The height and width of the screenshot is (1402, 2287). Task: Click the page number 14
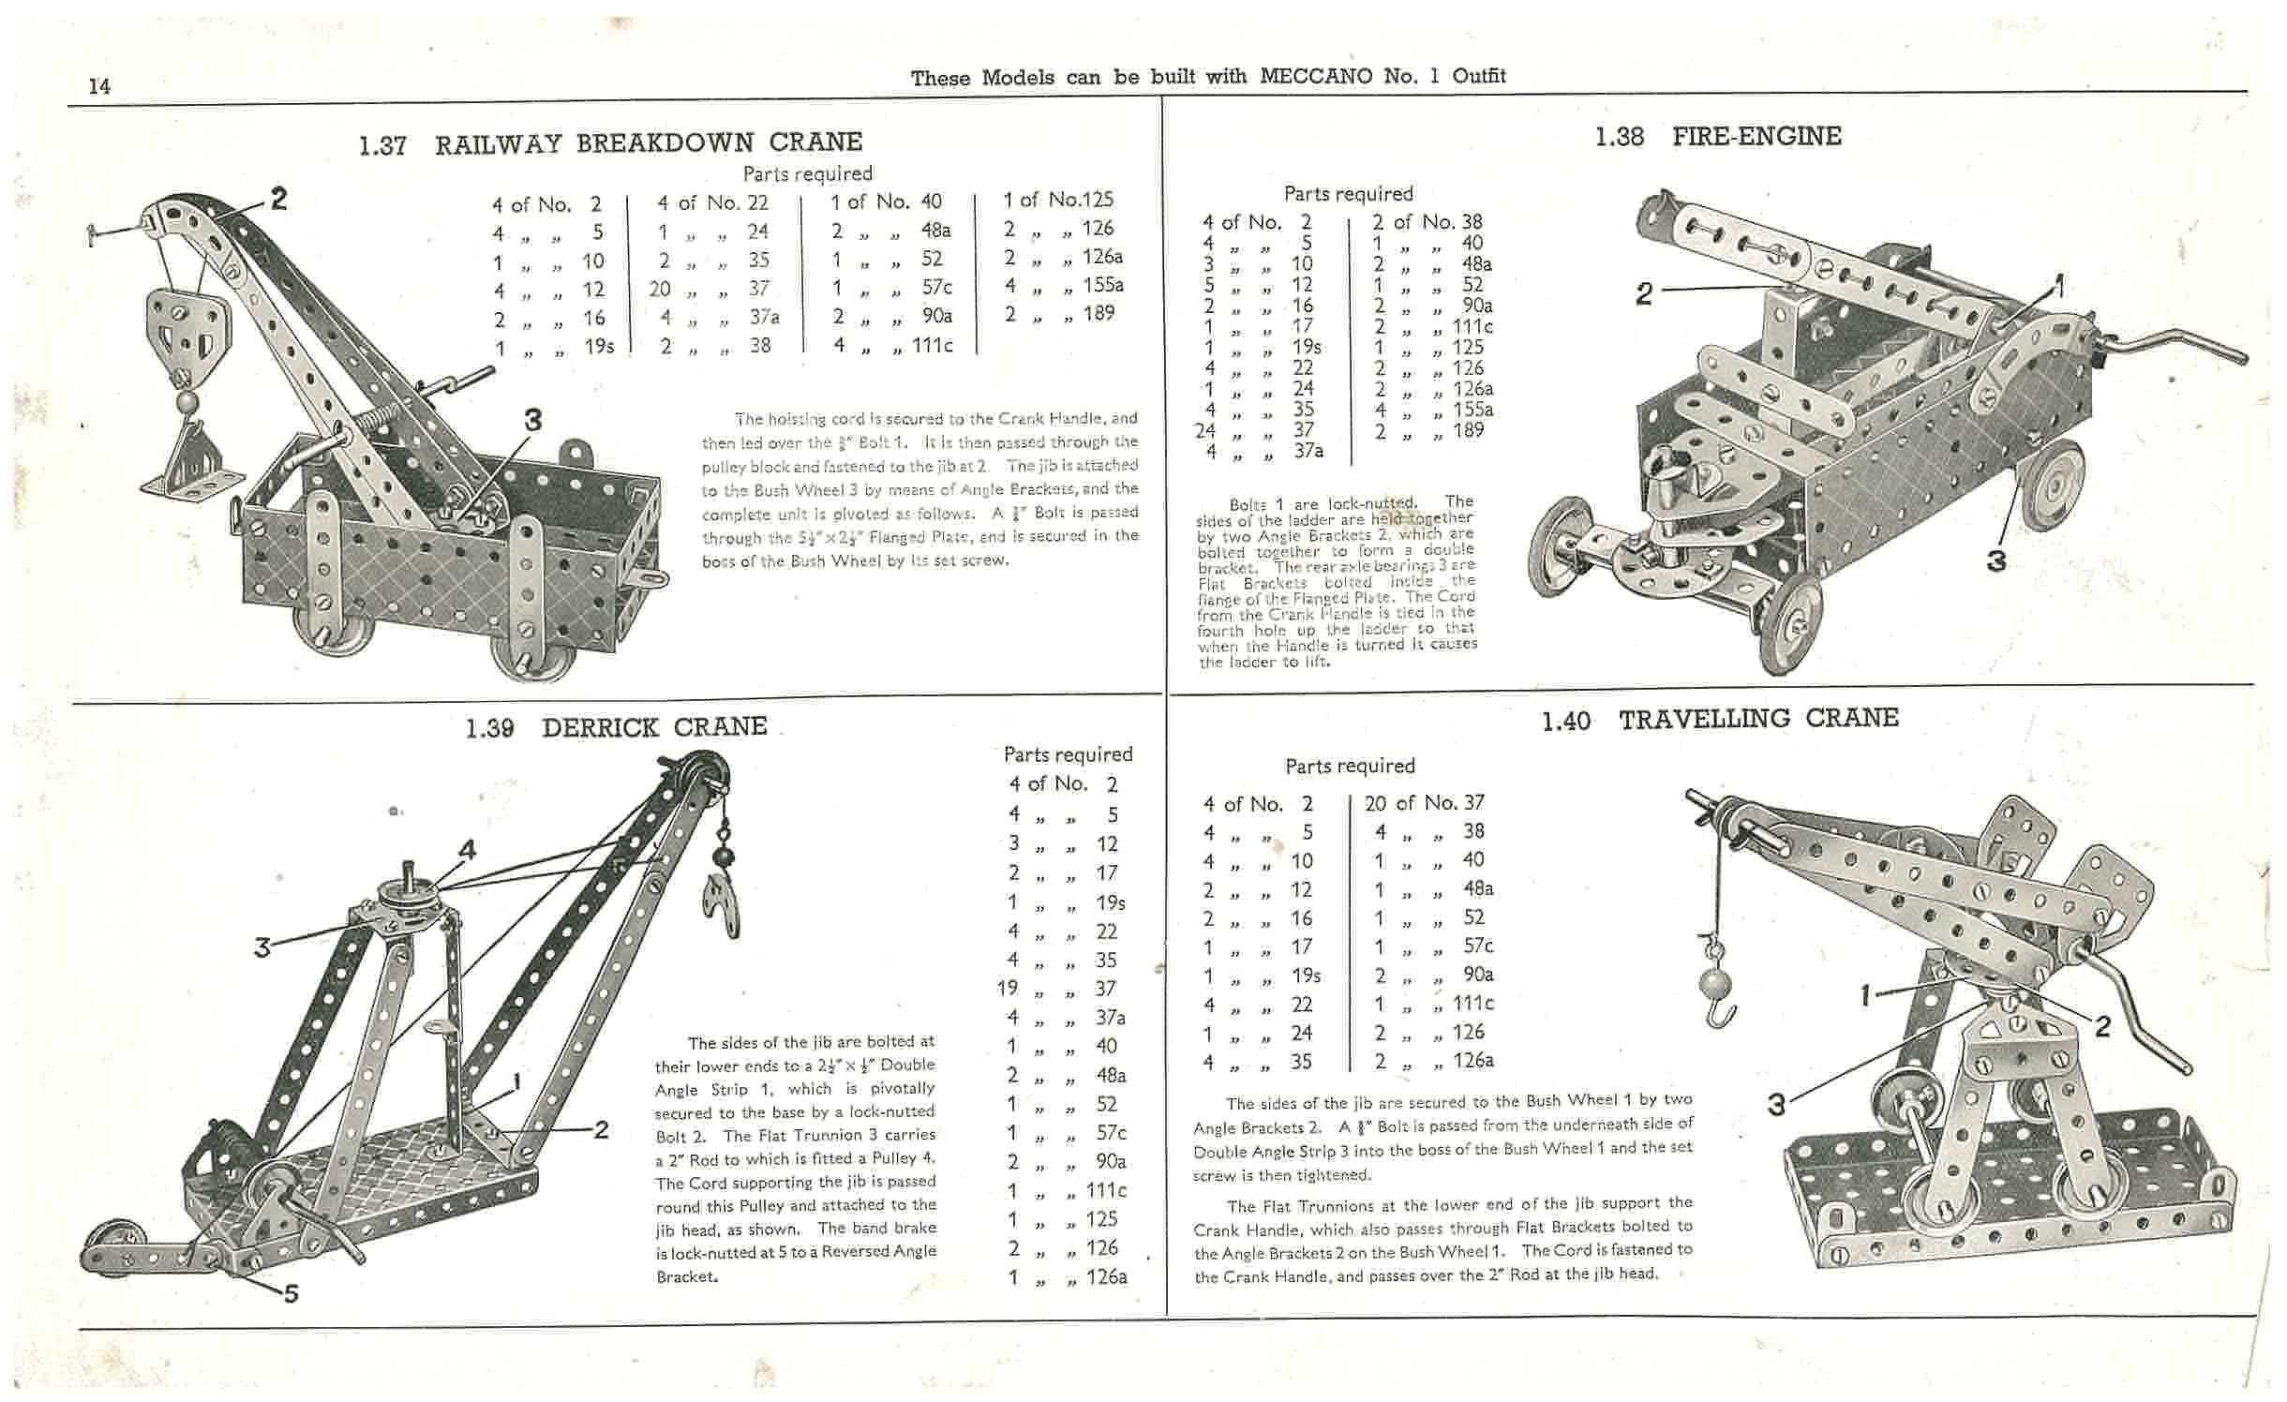click(99, 86)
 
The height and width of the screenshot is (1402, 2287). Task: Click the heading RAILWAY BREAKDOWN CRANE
click(648, 143)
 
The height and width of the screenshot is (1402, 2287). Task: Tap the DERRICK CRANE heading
click(654, 727)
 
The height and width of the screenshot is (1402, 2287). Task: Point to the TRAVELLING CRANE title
click(1758, 719)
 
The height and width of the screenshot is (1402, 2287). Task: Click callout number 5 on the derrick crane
click(291, 1294)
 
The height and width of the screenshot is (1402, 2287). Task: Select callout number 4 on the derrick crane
click(467, 850)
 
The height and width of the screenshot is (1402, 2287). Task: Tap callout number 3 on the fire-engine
click(1996, 561)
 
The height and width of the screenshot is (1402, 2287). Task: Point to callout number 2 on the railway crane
click(277, 199)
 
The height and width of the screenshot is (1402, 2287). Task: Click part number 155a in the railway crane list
click(1102, 285)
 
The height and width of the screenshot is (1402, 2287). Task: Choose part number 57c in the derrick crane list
click(1111, 1133)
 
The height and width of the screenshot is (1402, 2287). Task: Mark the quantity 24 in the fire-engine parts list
click(1205, 430)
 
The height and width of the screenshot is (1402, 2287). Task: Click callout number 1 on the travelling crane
click(1866, 995)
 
